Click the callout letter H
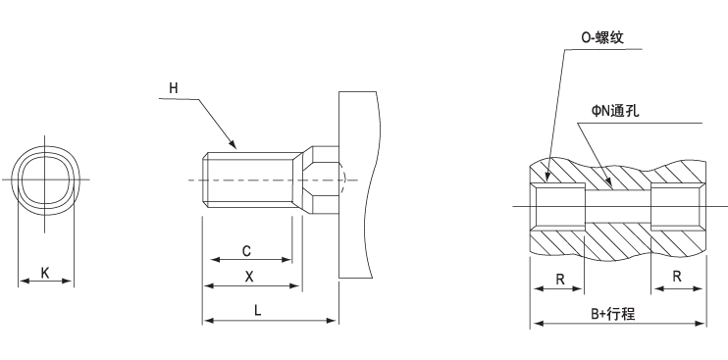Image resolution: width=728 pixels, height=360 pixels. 174,88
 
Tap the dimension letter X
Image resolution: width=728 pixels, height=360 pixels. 251,277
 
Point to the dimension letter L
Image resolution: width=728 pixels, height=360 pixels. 257,309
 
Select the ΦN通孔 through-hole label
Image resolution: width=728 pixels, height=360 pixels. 615,111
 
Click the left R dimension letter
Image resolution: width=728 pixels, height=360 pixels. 558,279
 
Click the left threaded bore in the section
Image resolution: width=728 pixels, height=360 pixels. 558,207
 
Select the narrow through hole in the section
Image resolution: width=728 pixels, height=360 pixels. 618,207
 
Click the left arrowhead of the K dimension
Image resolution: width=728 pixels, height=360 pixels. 22,282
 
